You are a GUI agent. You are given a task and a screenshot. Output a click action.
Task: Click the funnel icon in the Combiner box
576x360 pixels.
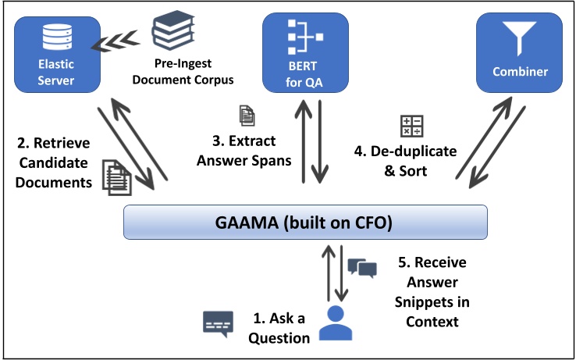(x=520, y=36)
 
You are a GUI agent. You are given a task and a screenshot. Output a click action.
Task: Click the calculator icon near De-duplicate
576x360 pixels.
(x=411, y=127)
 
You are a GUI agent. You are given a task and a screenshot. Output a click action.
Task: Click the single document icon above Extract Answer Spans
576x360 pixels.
(x=247, y=116)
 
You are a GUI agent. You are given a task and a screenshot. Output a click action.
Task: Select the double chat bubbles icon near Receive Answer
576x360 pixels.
(x=362, y=268)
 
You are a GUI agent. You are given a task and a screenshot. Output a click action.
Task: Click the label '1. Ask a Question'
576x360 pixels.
(x=282, y=328)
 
